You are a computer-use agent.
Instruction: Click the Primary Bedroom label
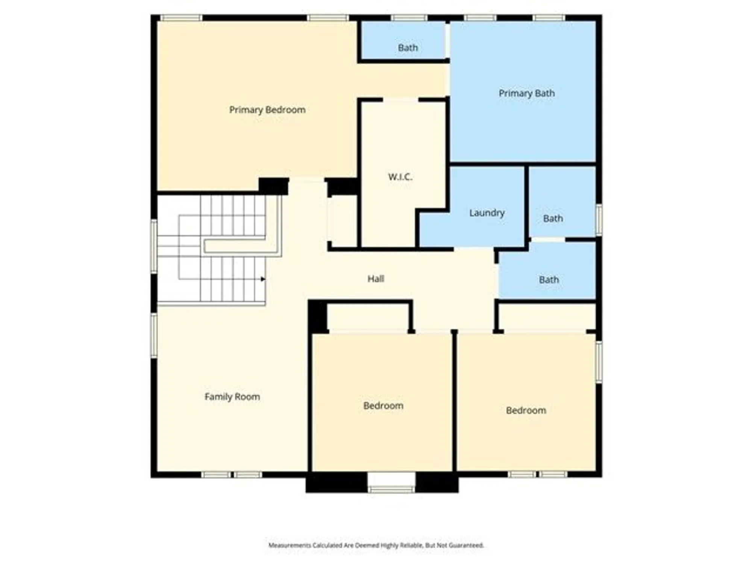[x=267, y=110]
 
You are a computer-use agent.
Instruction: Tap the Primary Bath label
[x=526, y=93]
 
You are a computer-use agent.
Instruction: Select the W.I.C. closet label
[x=400, y=177]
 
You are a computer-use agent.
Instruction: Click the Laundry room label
[x=487, y=213]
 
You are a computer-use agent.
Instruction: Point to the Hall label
[x=376, y=279]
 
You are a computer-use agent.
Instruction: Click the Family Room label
[x=232, y=397]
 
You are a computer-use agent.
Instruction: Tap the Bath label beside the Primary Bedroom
[x=408, y=48]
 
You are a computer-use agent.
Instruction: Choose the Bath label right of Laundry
[x=553, y=218]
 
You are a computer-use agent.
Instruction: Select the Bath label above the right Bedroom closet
[x=549, y=280]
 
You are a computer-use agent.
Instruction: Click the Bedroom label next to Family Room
[x=383, y=406]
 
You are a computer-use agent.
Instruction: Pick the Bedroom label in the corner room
[x=526, y=410]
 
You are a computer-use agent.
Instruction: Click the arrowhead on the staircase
[x=263, y=279]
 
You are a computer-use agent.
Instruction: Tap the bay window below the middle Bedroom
[x=391, y=489]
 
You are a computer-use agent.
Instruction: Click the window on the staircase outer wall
[x=154, y=246]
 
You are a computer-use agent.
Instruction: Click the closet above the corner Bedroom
[x=547, y=317]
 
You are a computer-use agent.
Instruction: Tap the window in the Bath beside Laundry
[x=599, y=220]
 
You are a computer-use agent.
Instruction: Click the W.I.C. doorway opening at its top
[x=400, y=100]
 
